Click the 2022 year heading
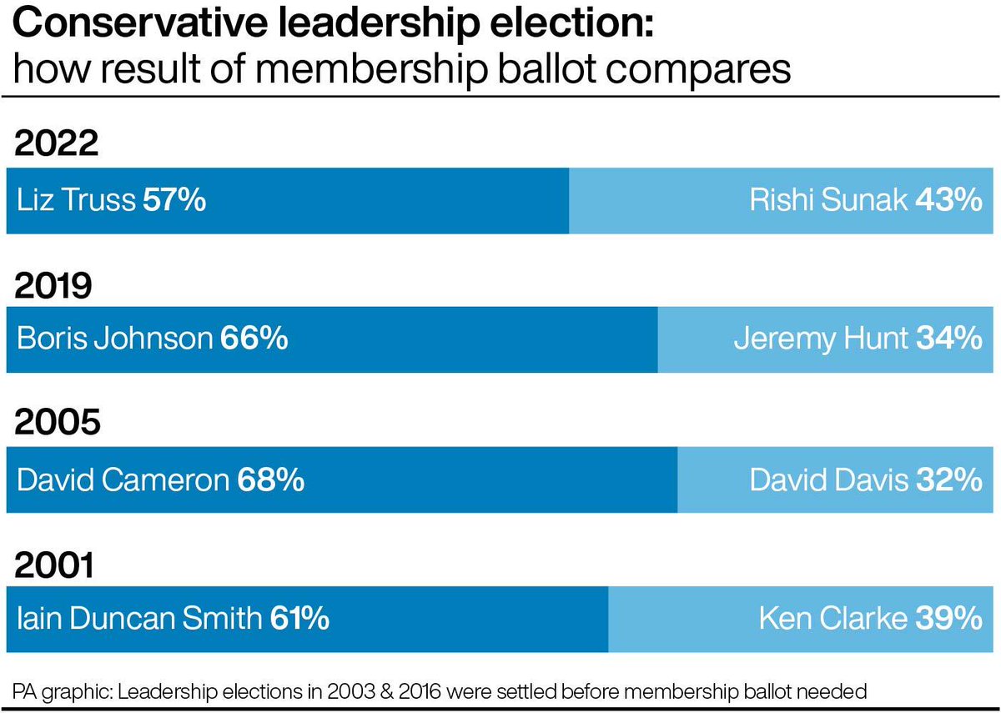click(58, 144)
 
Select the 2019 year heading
click(57, 286)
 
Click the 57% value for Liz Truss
click(174, 201)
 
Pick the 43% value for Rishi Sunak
click(948, 201)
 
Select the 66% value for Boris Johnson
click(254, 339)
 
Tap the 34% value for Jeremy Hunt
click(949, 339)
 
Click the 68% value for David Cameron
click(270, 480)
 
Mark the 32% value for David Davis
click(949, 480)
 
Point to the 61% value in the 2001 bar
click(298, 620)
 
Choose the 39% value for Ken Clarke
click(949, 620)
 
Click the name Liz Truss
click(76, 201)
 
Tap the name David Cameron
click(123, 480)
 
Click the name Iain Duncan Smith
click(138, 620)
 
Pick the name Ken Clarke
click(832, 620)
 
